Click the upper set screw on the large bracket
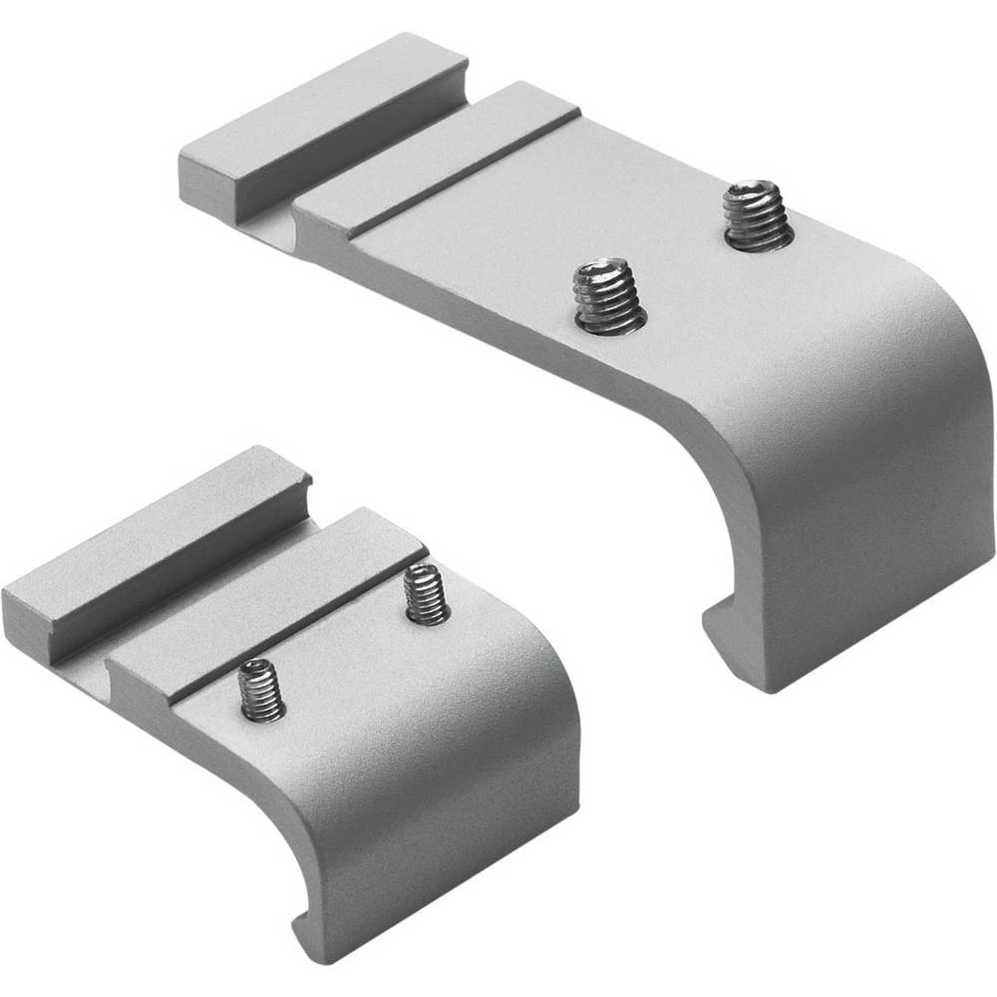click(759, 215)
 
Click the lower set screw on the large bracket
click(609, 297)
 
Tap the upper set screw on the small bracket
click(427, 595)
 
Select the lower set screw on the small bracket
click(262, 691)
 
